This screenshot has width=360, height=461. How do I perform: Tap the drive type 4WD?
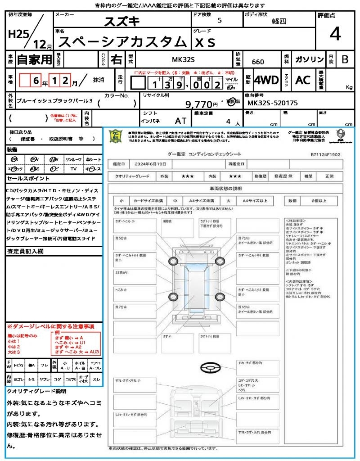coord(266,80)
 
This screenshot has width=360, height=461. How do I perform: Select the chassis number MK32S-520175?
coord(273,103)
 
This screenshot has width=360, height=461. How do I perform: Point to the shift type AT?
coord(180,121)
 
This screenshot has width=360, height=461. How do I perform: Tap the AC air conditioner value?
coord(303,80)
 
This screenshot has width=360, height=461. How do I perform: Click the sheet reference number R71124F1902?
coord(325,154)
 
